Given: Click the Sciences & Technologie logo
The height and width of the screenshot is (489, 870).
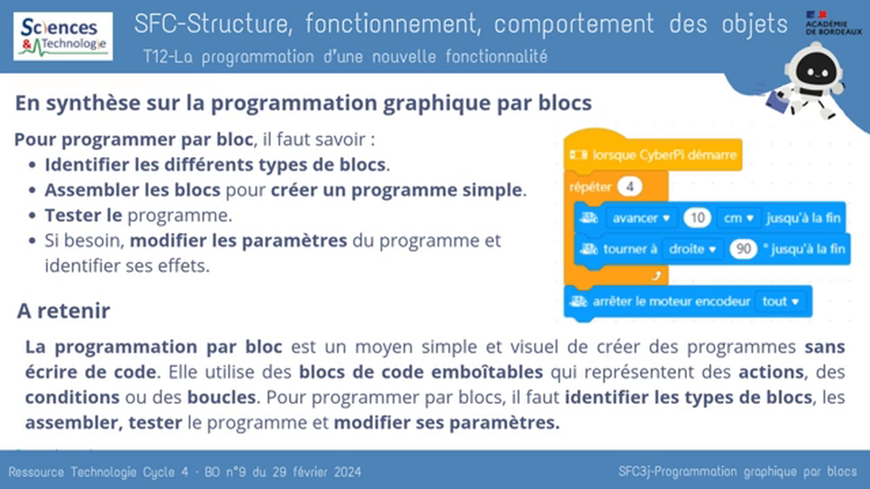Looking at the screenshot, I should pos(63,36).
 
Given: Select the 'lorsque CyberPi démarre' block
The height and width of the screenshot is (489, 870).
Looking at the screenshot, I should pos(652,155).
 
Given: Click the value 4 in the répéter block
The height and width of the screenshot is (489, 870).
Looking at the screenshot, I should pos(630,187).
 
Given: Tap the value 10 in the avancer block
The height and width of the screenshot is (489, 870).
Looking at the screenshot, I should pos(697,218).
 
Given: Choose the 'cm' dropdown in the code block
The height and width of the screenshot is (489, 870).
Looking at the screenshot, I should pos(739,218).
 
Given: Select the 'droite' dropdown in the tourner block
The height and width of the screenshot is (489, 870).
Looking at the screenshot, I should pos(692,249).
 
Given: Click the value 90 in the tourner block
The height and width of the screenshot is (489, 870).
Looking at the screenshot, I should pos(743,249).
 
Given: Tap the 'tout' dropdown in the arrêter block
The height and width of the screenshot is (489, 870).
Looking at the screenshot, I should pos(779,302).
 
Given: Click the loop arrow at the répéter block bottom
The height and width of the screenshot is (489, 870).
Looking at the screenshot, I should pos(656,275).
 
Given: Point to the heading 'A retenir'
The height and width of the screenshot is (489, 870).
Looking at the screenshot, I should pos(63,311).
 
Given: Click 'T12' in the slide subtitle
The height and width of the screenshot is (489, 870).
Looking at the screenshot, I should pos(155,57).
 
